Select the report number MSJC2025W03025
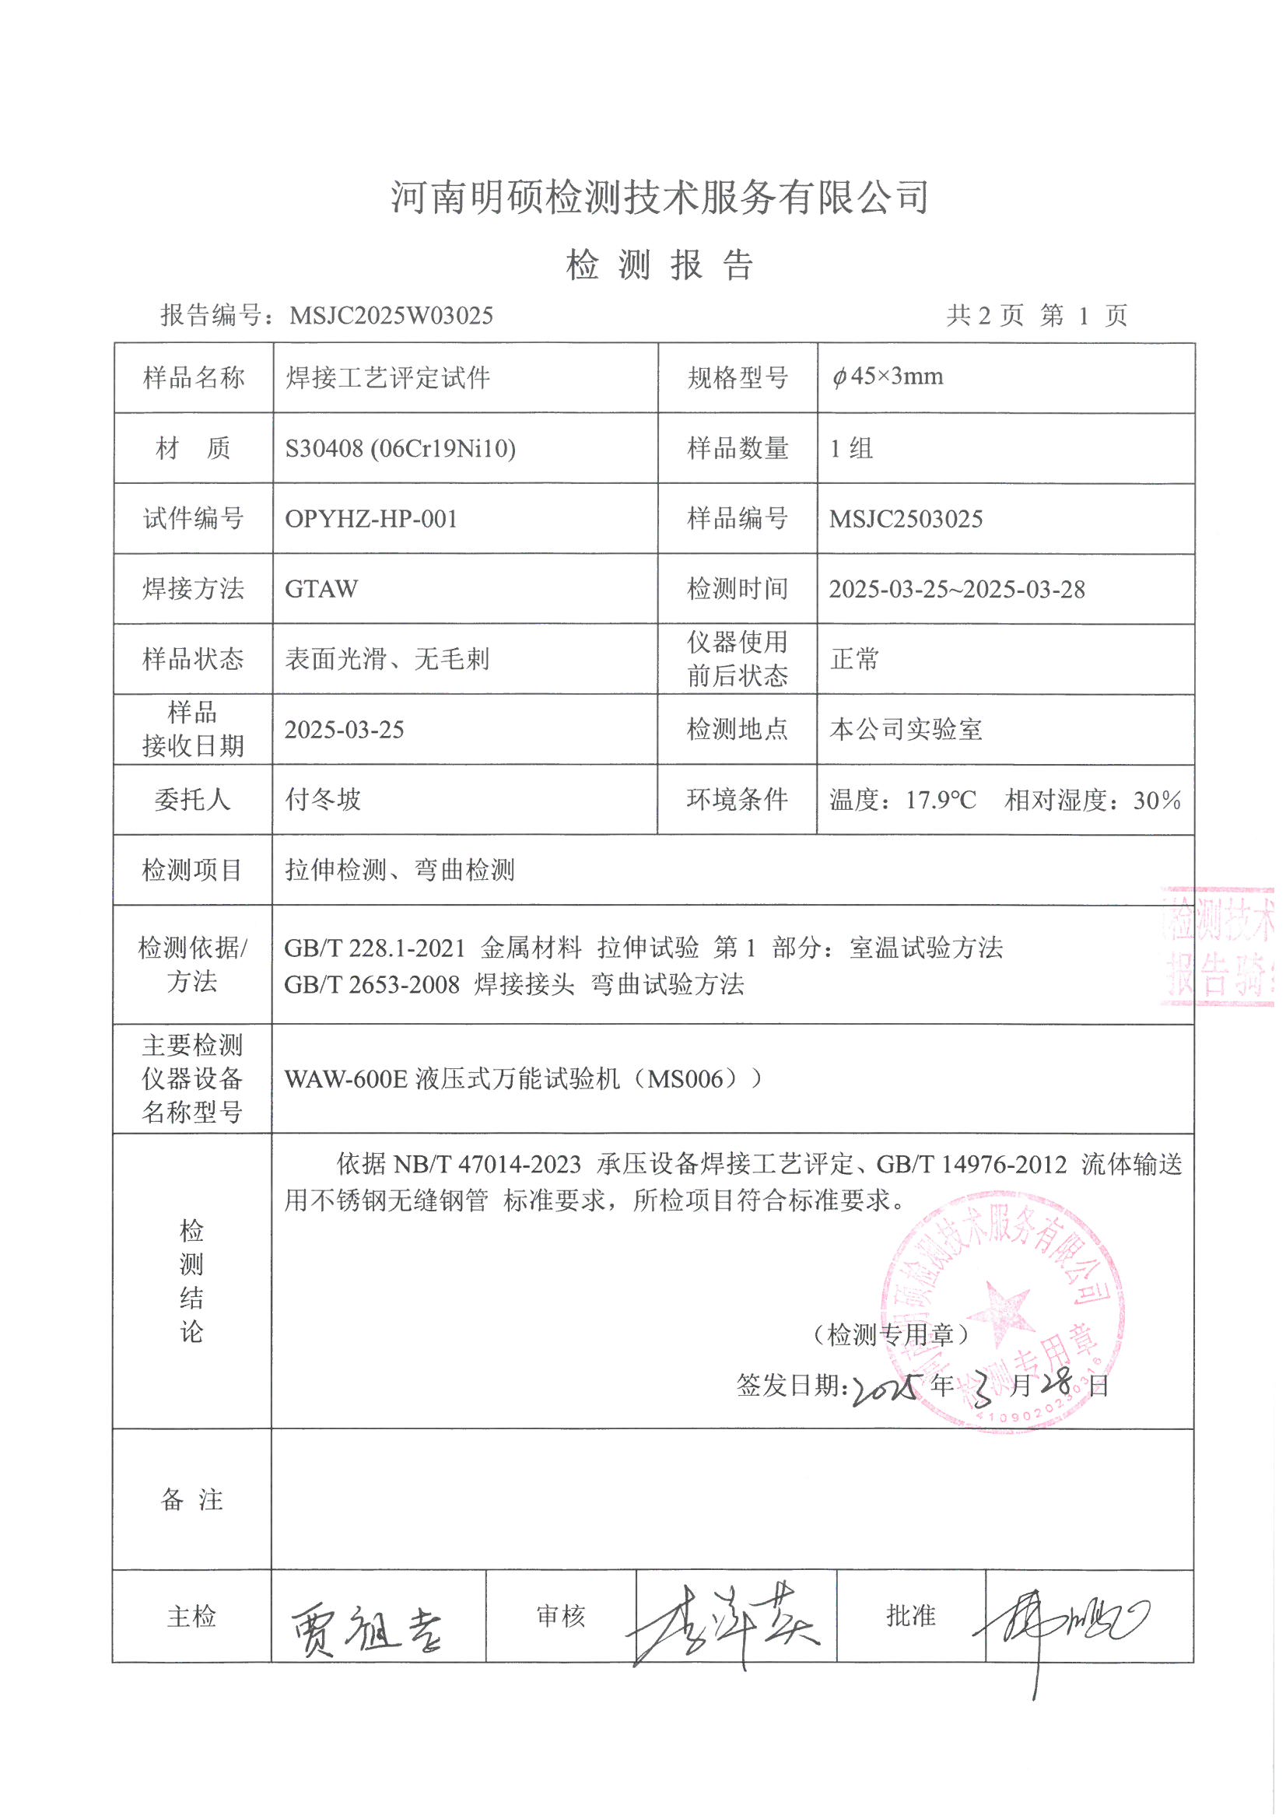click(391, 316)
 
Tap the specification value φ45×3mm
click(888, 377)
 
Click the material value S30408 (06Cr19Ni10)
click(400, 448)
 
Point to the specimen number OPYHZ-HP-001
click(371, 519)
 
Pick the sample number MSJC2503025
click(906, 519)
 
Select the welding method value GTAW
click(321, 589)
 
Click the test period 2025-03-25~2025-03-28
click(956, 590)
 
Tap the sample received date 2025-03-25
click(344, 730)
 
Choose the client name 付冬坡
click(324, 799)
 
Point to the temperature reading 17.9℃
click(941, 800)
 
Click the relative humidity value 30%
click(1156, 800)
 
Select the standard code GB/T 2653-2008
click(372, 985)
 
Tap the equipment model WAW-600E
click(345, 1079)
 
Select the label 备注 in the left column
click(191, 1500)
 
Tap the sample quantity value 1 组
click(851, 448)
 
